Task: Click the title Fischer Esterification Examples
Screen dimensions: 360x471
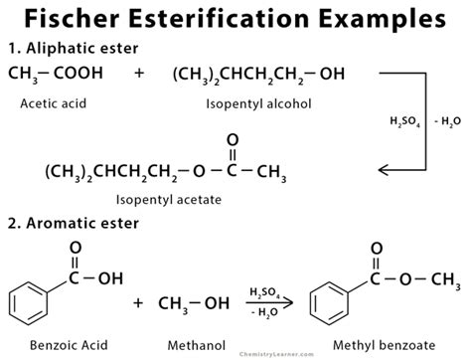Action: [235, 18]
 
